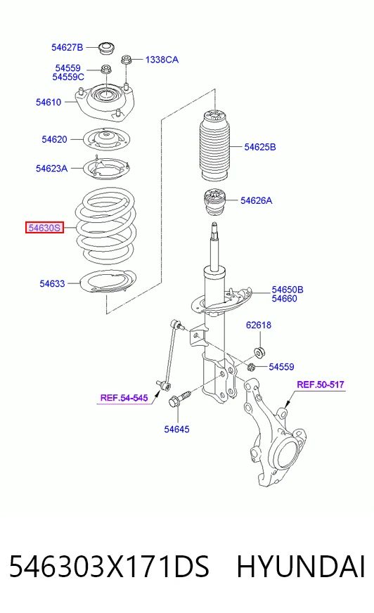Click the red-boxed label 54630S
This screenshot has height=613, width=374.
44,228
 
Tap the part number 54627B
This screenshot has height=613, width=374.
67,47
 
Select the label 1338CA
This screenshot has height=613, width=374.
162,60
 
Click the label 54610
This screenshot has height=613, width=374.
49,103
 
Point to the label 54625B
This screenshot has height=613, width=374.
260,147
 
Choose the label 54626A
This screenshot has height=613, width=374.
257,200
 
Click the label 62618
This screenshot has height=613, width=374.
258,325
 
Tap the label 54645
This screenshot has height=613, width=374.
176,430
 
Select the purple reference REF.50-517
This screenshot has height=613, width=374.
321,385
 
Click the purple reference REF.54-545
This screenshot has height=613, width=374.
124,398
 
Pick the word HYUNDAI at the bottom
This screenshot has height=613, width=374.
301,567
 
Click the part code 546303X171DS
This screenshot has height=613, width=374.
109,567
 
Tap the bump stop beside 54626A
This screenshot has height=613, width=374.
214,203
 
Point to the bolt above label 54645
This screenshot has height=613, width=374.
179,399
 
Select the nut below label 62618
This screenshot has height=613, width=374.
258,351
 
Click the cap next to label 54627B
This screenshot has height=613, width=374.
106,48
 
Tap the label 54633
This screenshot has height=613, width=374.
52,283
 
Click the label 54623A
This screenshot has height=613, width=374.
51,169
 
